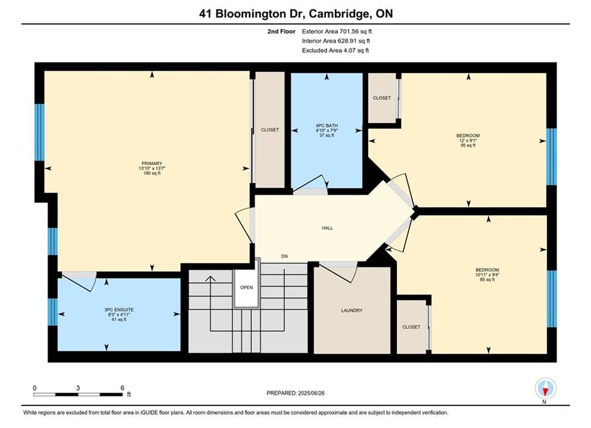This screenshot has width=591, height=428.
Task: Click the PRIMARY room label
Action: click(x=152, y=163)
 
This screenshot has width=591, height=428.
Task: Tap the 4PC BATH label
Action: click(x=327, y=125)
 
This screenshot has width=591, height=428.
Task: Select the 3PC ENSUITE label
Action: click(x=119, y=310)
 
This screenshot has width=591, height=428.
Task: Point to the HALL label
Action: click(x=327, y=228)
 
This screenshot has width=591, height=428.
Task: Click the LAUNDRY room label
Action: click(x=352, y=310)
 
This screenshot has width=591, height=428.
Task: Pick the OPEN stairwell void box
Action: click(x=246, y=288)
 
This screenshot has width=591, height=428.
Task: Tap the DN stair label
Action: click(x=285, y=256)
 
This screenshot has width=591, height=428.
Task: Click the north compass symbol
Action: click(x=545, y=388)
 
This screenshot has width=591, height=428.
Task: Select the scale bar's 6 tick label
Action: click(x=122, y=388)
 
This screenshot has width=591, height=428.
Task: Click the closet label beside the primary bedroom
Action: click(x=270, y=130)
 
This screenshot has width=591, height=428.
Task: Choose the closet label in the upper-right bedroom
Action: click(x=382, y=98)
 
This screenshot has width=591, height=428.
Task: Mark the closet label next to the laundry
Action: click(x=411, y=327)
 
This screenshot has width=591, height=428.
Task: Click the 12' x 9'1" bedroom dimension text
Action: click(x=467, y=140)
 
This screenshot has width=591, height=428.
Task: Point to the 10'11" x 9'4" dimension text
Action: click(x=487, y=275)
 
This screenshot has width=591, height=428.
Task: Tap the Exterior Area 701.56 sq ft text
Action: click(x=337, y=32)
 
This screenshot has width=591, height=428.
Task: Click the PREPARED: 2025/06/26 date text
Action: click(x=296, y=393)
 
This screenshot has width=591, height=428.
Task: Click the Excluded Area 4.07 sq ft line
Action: click(x=336, y=50)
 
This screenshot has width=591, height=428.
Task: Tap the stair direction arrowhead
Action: click(x=210, y=279)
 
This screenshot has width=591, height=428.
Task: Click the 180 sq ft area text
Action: click(x=152, y=174)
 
